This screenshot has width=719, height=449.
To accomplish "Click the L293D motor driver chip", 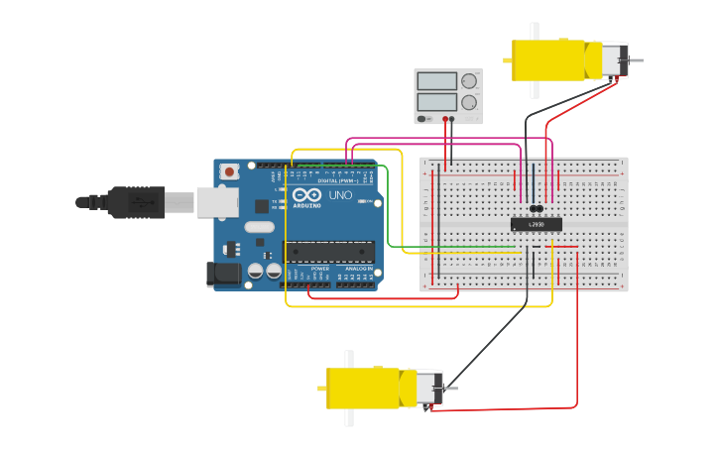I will [x=536, y=224].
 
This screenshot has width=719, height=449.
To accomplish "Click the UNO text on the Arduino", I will [x=340, y=195].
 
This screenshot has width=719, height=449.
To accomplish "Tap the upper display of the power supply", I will [x=436, y=81].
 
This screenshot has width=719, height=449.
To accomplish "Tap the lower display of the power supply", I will [x=436, y=101].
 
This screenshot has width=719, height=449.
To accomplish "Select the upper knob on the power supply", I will [x=469, y=81].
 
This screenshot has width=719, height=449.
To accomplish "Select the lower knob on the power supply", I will [x=469, y=101].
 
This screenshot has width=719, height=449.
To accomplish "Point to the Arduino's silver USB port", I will [x=217, y=202].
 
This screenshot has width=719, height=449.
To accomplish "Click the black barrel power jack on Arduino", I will [x=224, y=275].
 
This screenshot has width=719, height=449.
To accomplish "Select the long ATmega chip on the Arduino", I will [x=330, y=252].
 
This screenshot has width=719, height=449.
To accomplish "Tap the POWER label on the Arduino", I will [x=320, y=269].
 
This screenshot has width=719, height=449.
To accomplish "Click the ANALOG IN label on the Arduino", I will [x=358, y=269].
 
